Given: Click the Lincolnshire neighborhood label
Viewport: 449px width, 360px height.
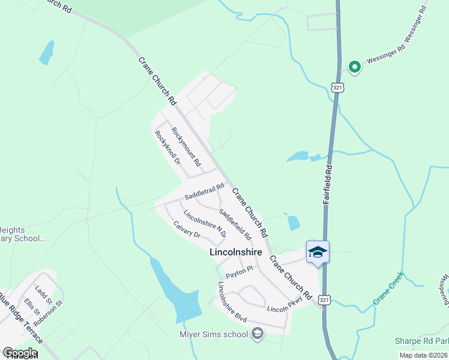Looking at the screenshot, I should click(x=235, y=253).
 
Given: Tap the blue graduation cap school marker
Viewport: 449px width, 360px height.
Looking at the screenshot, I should click(x=318, y=252).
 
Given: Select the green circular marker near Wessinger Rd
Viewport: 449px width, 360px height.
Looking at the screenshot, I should click(x=354, y=67).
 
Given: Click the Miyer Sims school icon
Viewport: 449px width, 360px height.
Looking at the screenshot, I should click(x=257, y=334).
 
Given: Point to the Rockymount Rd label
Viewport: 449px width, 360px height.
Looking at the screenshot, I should click(x=185, y=147).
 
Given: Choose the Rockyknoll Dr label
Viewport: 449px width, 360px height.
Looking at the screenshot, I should click(x=167, y=148).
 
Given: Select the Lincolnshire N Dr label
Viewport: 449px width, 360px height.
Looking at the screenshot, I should click(x=205, y=223).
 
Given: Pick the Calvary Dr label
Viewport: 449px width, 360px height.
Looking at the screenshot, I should click(x=187, y=230).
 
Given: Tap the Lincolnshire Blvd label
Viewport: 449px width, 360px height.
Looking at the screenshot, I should click(x=232, y=298).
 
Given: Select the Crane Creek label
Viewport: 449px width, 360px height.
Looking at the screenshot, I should click(x=388, y=288).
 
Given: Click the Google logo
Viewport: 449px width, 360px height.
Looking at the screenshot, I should click(x=20, y=353).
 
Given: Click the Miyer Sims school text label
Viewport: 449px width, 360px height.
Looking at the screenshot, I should click(x=214, y=334).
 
